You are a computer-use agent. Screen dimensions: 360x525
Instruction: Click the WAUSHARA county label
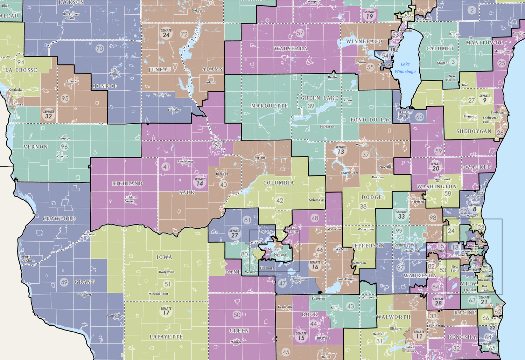[291, 49]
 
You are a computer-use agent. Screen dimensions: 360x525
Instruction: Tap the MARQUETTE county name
[269, 106]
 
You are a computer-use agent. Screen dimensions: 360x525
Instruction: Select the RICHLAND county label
[127, 183]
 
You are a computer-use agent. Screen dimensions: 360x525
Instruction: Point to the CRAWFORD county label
[59, 219]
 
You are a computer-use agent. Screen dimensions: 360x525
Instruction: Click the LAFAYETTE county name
[166, 337]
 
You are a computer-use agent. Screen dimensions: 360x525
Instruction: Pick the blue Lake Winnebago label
[405, 68]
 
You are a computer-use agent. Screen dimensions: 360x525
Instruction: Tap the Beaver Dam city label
[349, 173]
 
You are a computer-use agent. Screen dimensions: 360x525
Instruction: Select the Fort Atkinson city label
[347, 279]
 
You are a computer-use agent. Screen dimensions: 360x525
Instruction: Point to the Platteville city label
[113, 316]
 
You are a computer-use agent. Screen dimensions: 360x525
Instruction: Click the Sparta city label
[71, 81]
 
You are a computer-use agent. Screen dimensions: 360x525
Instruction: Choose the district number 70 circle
[100, 49]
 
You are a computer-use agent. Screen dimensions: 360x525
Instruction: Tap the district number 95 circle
[65, 98]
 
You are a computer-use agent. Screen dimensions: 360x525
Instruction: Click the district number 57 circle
[300, 33]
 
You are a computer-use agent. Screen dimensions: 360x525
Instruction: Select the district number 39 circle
[311, 106]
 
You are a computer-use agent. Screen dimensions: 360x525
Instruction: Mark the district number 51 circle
[168, 284]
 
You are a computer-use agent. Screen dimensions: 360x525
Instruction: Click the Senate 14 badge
[199, 182]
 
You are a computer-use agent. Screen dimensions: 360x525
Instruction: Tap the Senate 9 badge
[485, 99]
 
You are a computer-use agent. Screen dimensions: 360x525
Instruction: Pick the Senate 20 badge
[436, 167]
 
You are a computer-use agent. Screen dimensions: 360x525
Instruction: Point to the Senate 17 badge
[166, 311]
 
